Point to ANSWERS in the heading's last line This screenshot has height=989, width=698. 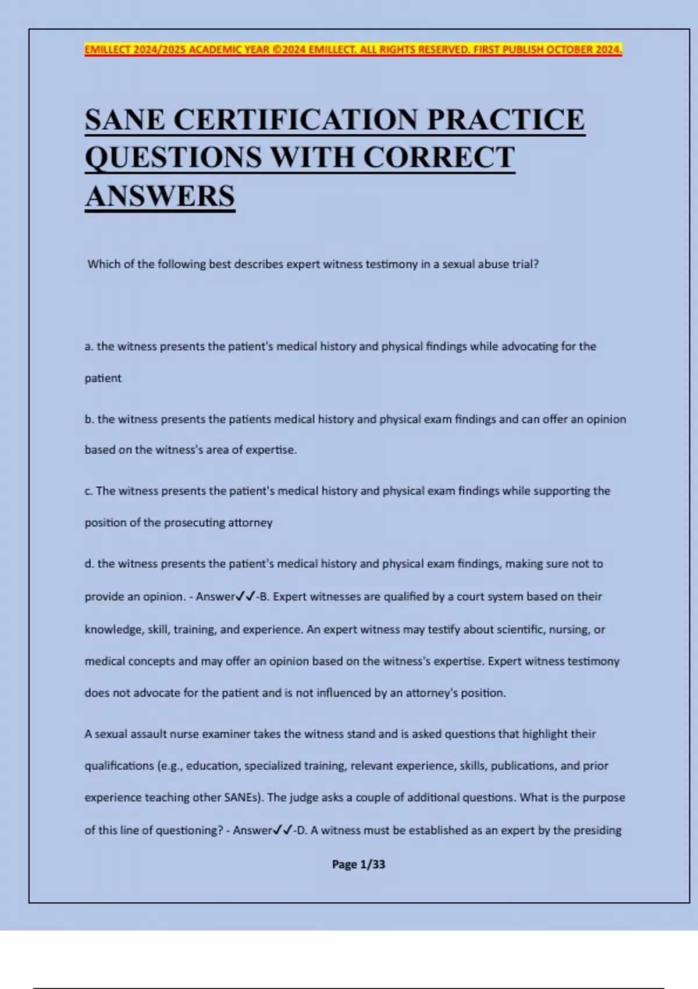click(160, 196)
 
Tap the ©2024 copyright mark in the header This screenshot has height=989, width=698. click(289, 50)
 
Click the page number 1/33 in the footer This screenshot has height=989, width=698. click(372, 865)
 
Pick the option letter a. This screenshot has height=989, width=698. click(89, 347)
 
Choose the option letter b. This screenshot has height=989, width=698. click(89, 419)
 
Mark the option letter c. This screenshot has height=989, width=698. click(88, 491)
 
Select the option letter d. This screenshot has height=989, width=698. click(89, 564)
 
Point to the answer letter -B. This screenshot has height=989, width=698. click(262, 597)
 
